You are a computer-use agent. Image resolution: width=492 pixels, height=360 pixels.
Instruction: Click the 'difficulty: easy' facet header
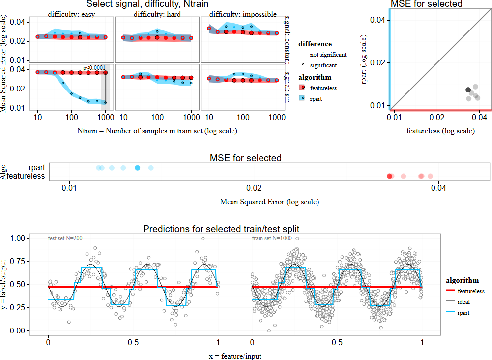click(x=71, y=14)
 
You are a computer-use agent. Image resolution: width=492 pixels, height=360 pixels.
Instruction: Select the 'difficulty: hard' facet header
click(x=157, y=14)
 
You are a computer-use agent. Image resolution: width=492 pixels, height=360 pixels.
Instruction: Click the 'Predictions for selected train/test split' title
click(x=221, y=229)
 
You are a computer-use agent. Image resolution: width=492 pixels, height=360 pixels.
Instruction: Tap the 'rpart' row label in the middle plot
click(x=36, y=168)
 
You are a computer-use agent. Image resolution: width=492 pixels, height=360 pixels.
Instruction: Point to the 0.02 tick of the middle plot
click(x=253, y=187)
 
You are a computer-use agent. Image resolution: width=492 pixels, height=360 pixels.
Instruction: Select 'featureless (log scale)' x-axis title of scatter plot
click(x=440, y=131)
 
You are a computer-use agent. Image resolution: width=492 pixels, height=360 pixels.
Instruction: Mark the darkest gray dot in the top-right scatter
click(x=468, y=90)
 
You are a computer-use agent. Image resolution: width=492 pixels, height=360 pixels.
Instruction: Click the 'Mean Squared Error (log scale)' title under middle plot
click(x=269, y=202)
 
